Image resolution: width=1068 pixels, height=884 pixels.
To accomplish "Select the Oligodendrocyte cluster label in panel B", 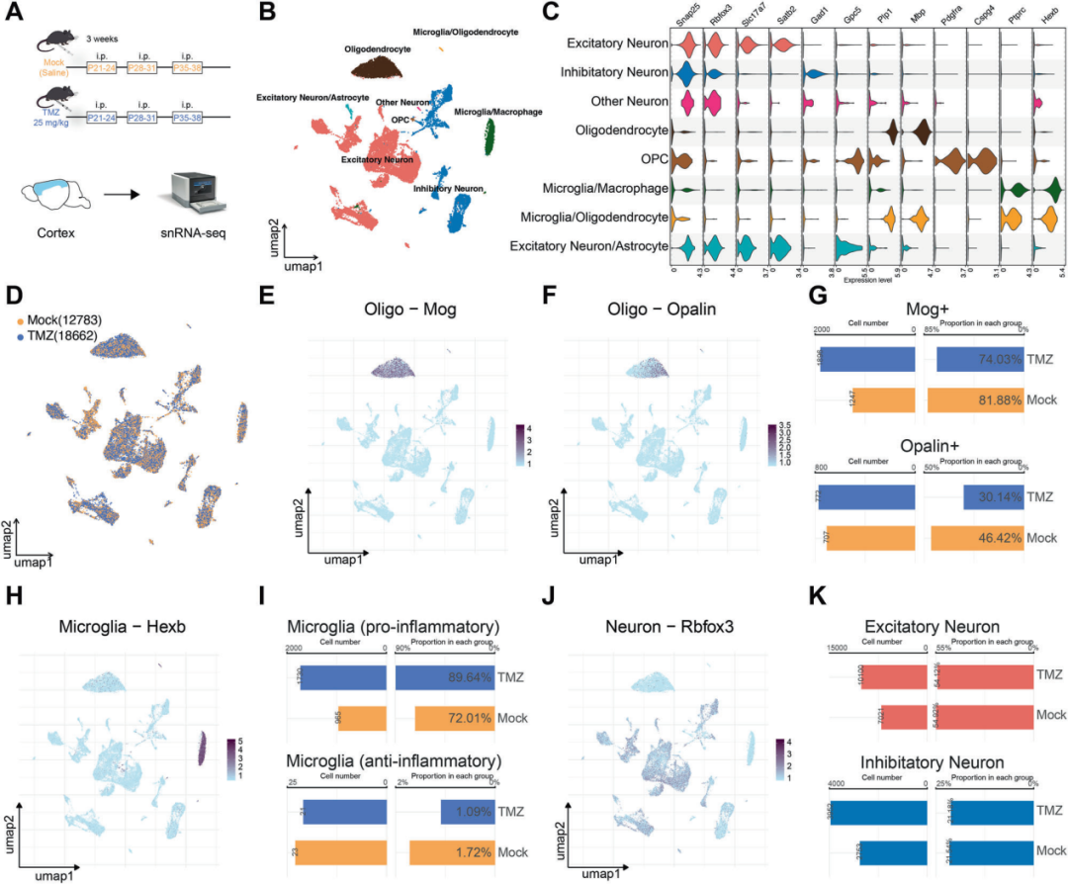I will pyautogui.click(x=378, y=46).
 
